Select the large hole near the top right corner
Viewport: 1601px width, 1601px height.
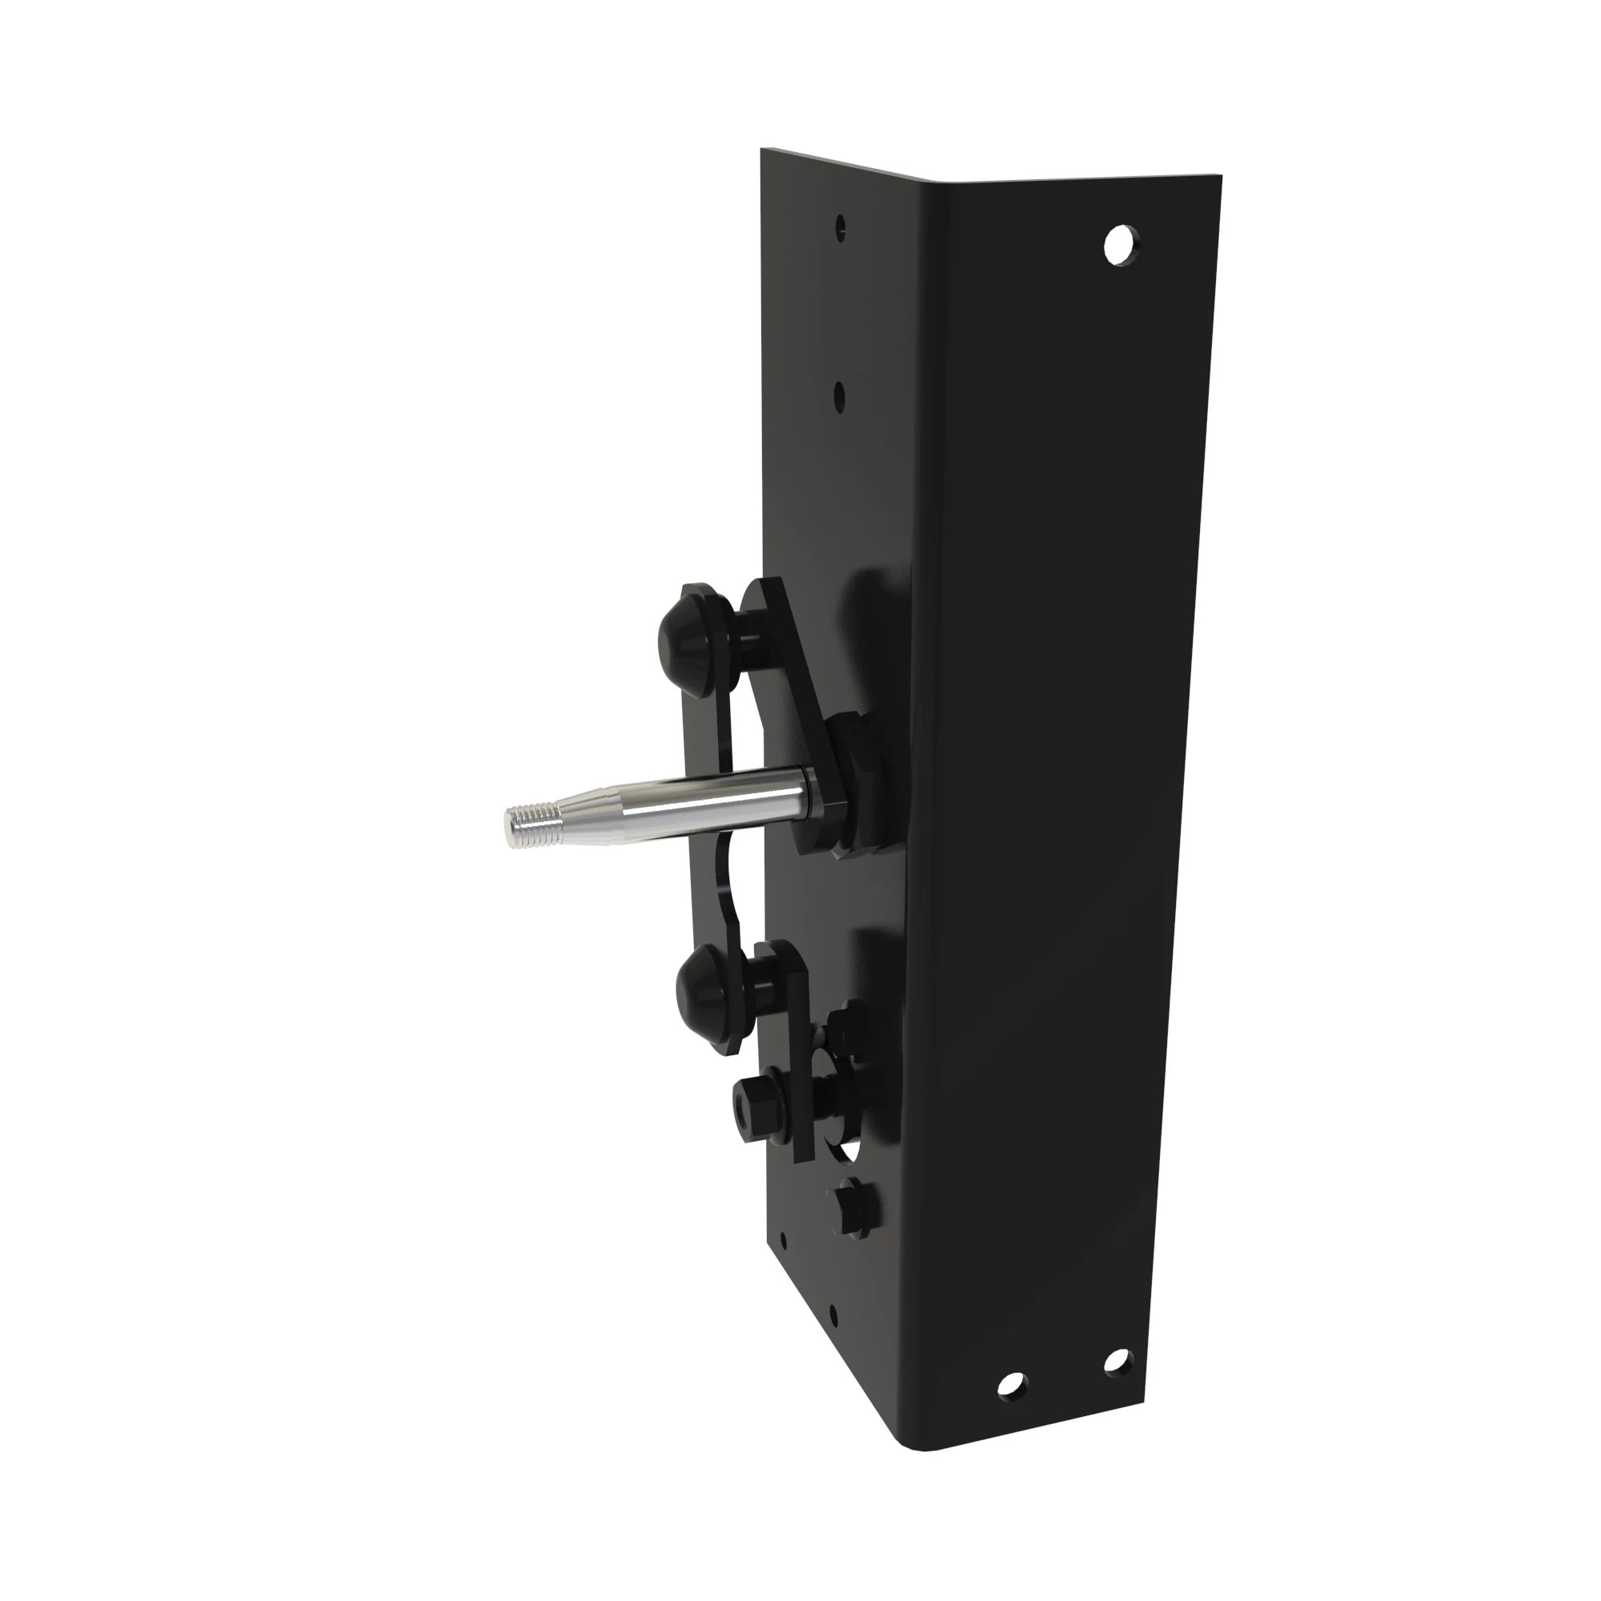[1122, 244]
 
